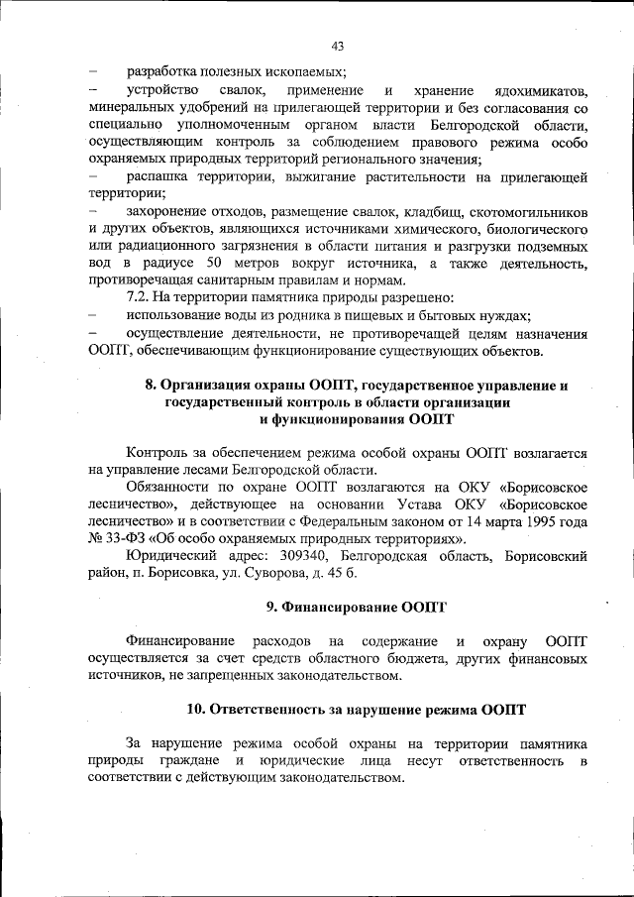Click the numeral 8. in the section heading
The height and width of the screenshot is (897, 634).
coord(151,386)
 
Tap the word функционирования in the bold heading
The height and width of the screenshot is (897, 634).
coord(337,419)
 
